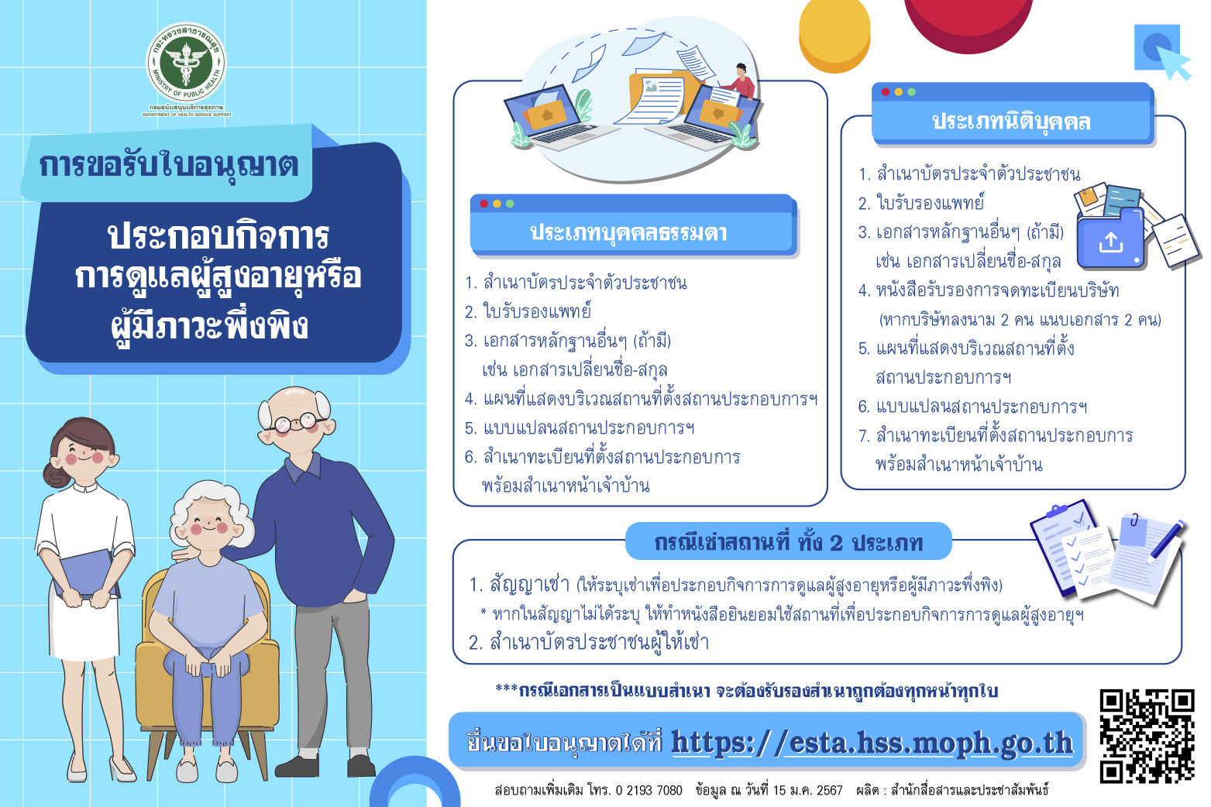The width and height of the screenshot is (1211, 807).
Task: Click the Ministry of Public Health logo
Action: (186, 63)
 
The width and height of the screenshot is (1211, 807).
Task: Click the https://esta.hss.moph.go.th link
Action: (872, 743)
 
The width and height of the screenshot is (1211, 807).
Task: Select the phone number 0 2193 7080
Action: (649, 790)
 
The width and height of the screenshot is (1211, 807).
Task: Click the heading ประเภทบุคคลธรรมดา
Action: (628, 233)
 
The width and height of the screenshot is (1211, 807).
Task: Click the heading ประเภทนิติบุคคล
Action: (1011, 122)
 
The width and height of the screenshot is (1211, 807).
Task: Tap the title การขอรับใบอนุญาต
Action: (169, 166)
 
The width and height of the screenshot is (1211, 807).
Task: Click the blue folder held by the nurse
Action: (87, 574)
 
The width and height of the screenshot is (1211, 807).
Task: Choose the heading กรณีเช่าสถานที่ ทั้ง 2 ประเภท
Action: (788, 542)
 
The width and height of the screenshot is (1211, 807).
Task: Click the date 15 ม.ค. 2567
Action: (807, 790)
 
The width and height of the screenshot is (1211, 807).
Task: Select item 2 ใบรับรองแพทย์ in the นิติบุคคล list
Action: (920, 203)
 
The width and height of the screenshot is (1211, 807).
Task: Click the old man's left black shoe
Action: (296, 766)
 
